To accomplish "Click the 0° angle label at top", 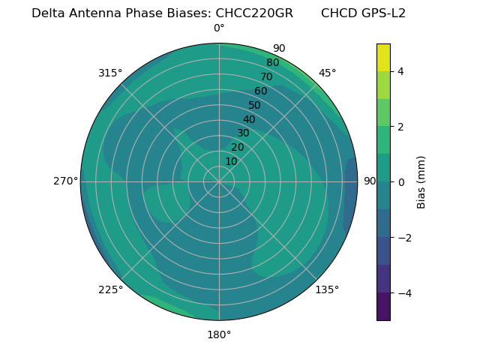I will (x=219, y=28).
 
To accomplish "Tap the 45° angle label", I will (x=327, y=73).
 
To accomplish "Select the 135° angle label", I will (x=327, y=289).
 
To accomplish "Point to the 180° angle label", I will (x=219, y=334).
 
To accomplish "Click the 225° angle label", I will (x=110, y=289).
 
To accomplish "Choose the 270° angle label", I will (x=65, y=181).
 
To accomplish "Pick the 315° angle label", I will (x=110, y=73).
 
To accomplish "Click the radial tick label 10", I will (x=231, y=161).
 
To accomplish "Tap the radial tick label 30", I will (x=243, y=133).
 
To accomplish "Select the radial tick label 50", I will (x=255, y=105).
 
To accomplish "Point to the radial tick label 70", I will (x=266, y=76).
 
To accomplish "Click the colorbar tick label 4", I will (x=400, y=71).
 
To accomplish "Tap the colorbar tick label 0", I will (x=400, y=182).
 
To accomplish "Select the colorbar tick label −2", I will (x=403, y=238).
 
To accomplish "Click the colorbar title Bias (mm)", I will (x=421, y=182).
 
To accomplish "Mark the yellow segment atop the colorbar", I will (x=383, y=57).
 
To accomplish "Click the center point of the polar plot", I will (x=219, y=181).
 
